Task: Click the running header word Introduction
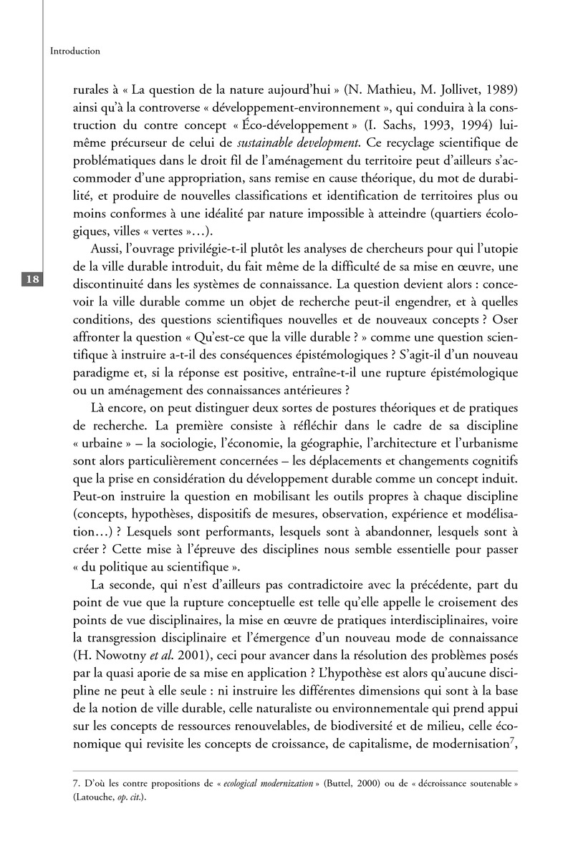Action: (x=75, y=52)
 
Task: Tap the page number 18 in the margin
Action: (x=33, y=279)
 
